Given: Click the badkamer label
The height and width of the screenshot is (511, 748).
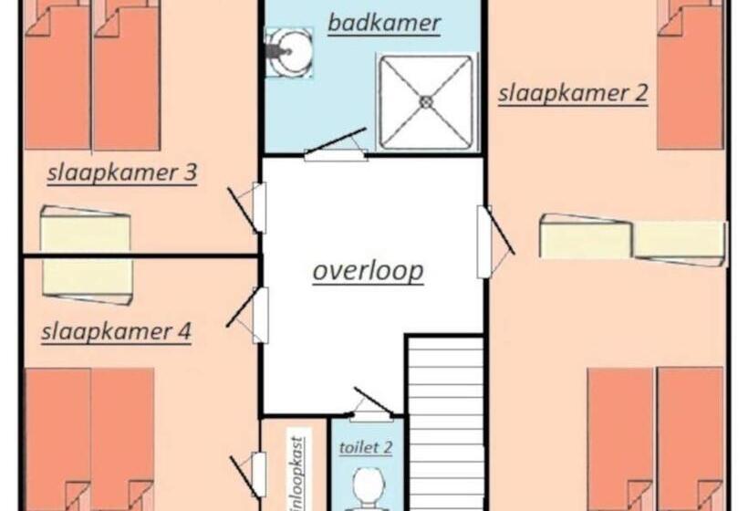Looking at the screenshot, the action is tap(384, 23).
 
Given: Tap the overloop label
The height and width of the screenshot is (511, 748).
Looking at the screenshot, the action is tap(368, 271).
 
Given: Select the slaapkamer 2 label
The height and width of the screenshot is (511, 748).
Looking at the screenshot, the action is tap(573, 92).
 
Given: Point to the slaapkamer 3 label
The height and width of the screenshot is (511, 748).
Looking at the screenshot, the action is tap(122, 172).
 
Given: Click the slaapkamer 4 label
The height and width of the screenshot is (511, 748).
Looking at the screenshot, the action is tap(117, 331).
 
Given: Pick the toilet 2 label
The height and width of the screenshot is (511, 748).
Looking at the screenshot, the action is tap(366, 447).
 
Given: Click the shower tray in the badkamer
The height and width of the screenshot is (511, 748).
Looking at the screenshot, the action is tap(425, 101).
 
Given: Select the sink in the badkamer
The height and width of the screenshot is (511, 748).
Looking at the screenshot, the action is tap(288, 52).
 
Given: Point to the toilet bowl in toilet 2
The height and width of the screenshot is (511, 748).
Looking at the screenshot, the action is tap(369, 487).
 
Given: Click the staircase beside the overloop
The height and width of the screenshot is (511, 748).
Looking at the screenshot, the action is tap(446, 423).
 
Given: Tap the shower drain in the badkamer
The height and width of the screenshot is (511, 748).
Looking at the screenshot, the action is tap(425, 101).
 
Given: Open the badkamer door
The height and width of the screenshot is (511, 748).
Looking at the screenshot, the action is tap(336, 144).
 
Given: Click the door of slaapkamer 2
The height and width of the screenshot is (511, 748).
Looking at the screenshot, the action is tap(495, 242).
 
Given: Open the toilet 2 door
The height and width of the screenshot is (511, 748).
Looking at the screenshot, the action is tap(372, 405).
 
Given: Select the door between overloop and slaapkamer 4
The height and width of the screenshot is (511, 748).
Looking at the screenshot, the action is tap(247, 315).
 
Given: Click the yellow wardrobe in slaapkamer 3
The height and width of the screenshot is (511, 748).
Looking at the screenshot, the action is tap(86, 228).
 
